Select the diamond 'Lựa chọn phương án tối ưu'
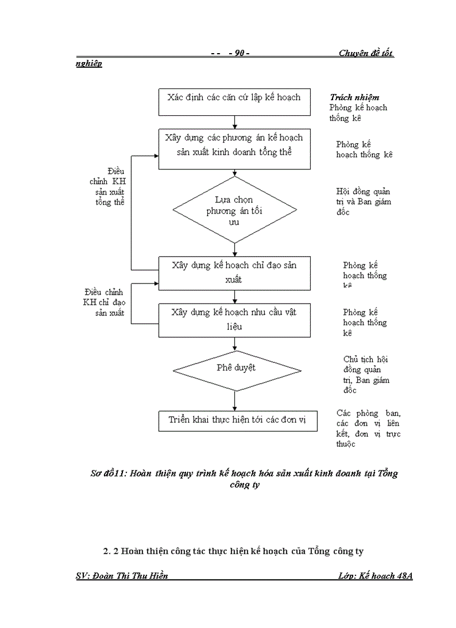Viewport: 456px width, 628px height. pos(234,210)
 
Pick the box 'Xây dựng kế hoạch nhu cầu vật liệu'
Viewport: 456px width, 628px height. pos(234,319)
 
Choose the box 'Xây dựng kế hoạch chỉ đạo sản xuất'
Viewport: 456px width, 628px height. pos(234,272)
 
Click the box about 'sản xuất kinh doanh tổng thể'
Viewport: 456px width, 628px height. pos(234,149)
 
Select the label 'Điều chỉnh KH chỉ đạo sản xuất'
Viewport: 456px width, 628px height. pos(103,302)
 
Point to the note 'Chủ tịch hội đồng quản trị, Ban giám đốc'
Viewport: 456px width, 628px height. pos(366,375)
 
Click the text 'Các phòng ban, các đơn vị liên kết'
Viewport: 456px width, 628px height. pos(368,428)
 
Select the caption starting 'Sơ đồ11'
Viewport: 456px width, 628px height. pos(244,479)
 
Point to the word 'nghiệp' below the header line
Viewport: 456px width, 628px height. pos(89,64)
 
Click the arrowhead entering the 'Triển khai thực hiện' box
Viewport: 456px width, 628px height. pos(234,409)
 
